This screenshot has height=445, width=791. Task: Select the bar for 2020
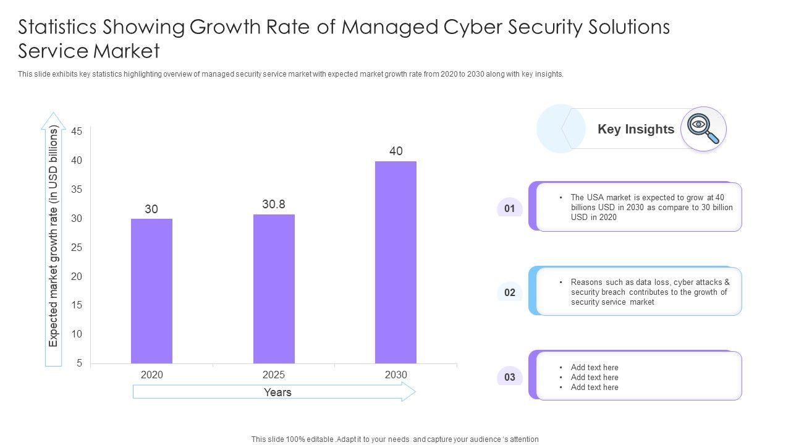point(151,290)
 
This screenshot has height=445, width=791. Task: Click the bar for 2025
point(274,289)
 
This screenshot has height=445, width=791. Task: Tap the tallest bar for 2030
point(395,262)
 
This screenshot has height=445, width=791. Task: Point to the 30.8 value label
point(274,204)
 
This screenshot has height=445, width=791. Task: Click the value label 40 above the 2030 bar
point(396,151)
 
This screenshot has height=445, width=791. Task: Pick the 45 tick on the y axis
point(77,131)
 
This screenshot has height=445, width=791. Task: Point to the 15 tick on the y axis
point(77,305)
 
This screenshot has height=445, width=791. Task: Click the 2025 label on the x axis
point(274,375)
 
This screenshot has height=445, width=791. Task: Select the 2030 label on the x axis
point(396,375)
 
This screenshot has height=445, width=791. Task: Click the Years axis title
point(277,392)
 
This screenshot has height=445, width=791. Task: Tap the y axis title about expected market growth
point(54,237)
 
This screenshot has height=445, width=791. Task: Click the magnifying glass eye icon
point(703,129)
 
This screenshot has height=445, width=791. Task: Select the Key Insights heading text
point(636,129)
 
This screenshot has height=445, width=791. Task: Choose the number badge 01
point(510,208)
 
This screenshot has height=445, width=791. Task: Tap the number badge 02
point(510,292)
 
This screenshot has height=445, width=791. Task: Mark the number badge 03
point(510,377)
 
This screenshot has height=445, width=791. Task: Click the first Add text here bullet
point(594,367)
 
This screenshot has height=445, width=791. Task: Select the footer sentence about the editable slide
point(395,439)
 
